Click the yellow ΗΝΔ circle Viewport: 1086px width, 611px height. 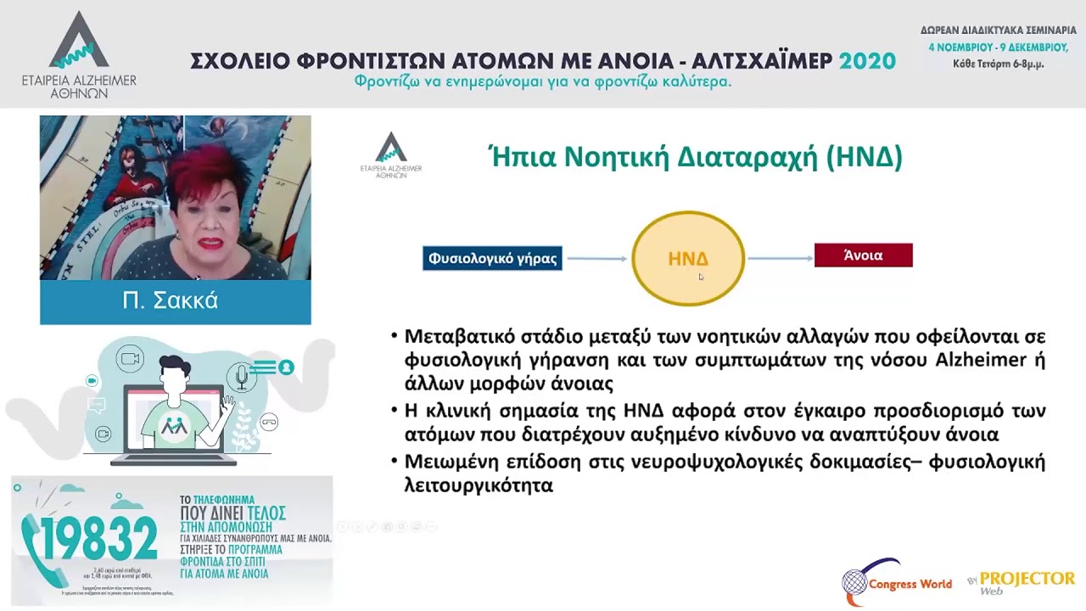pos(688,258)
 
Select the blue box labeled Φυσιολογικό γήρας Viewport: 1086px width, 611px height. pos(493,258)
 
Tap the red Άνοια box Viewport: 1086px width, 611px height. pos(863,255)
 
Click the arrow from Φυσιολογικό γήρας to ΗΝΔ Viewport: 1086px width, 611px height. pos(597,258)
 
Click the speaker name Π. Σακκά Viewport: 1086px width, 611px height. pos(171,301)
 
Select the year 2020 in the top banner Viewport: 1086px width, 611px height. pos(867,61)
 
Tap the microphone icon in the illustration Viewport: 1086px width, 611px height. pos(241,377)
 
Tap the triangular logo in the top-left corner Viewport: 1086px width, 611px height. pos(79,42)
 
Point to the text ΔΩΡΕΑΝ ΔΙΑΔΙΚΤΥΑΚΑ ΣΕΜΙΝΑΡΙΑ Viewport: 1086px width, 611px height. pos(998,31)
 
